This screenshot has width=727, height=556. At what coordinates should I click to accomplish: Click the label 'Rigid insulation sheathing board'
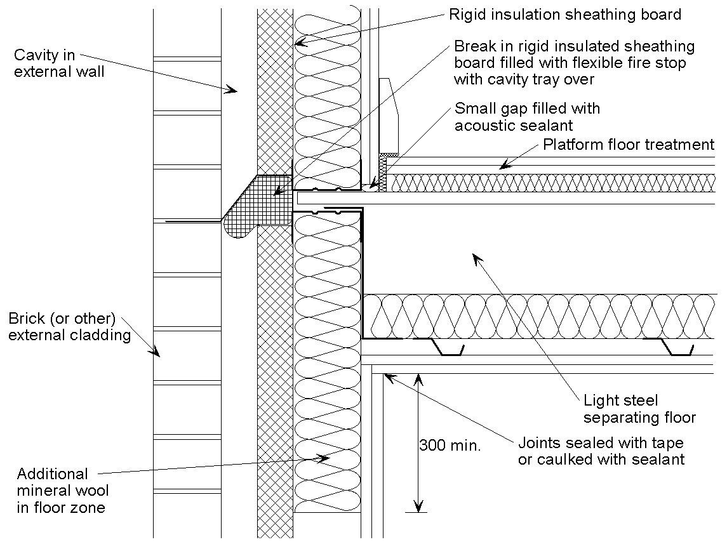point(564,14)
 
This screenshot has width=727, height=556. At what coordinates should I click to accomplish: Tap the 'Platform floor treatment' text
point(629,145)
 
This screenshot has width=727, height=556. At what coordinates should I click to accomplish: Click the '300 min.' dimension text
point(450,445)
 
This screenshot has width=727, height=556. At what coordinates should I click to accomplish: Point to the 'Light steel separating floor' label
point(639,409)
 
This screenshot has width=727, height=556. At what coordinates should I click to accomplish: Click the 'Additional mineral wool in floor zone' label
point(62,491)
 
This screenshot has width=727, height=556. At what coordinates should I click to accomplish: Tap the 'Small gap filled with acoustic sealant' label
point(526,117)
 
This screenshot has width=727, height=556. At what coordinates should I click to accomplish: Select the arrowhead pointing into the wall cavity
point(232,91)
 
